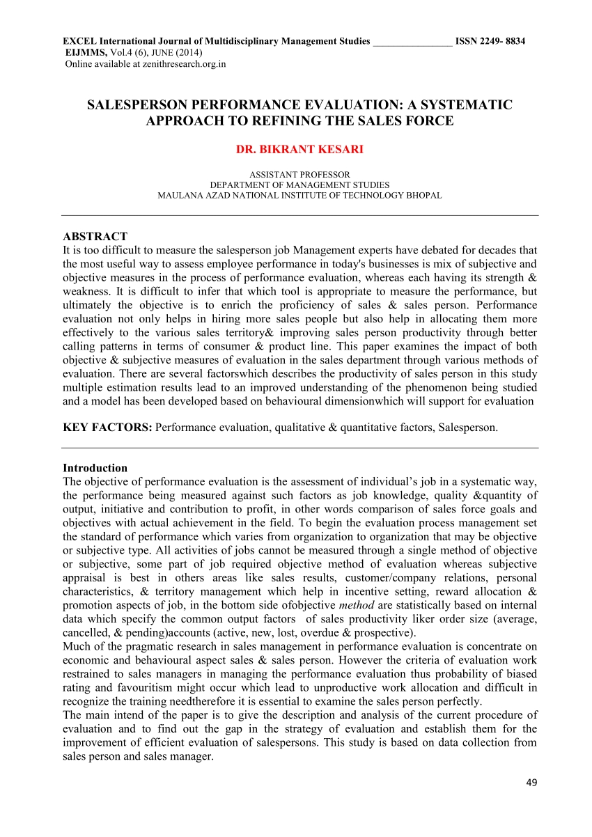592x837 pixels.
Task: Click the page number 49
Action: pyautogui.click(x=532, y=783)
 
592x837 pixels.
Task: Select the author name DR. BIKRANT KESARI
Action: pyautogui.click(x=300, y=149)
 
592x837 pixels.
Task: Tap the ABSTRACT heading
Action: pyautogui.click(x=95, y=237)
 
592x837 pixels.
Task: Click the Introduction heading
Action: pyautogui.click(x=95, y=468)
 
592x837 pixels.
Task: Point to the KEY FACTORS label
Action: pyautogui.click(x=107, y=428)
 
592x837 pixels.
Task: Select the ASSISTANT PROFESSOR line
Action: pyautogui.click(x=299, y=174)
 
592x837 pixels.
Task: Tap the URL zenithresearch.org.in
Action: pyautogui.click(x=184, y=64)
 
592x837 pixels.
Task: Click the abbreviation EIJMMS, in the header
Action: pyautogui.click(x=86, y=53)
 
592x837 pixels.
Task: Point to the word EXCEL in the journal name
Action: pyautogui.click(x=77, y=42)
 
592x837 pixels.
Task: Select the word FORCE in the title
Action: pyautogui.click(x=431, y=120)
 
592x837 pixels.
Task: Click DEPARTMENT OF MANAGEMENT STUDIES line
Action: pyautogui.click(x=299, y=185)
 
